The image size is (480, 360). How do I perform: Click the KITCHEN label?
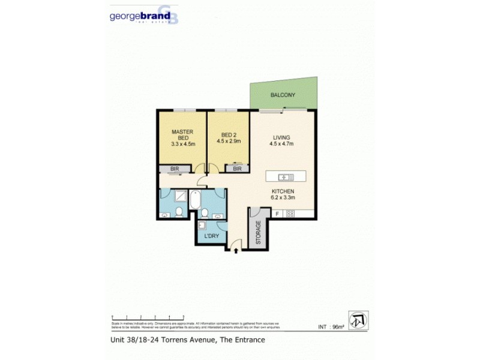click(282, 191)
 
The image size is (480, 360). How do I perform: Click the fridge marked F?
click(278, 214)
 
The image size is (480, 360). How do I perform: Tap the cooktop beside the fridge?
click(290, 214)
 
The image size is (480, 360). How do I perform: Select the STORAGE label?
click(259, 233)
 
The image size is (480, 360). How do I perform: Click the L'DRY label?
click(212, 236)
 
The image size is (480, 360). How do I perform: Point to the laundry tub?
click(203, 226)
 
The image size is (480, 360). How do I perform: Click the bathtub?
click(195, 200)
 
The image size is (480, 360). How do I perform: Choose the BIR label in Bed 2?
click(237, 169)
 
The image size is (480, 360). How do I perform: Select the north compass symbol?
click(358, 318)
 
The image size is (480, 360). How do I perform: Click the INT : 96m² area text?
click(331, 327)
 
